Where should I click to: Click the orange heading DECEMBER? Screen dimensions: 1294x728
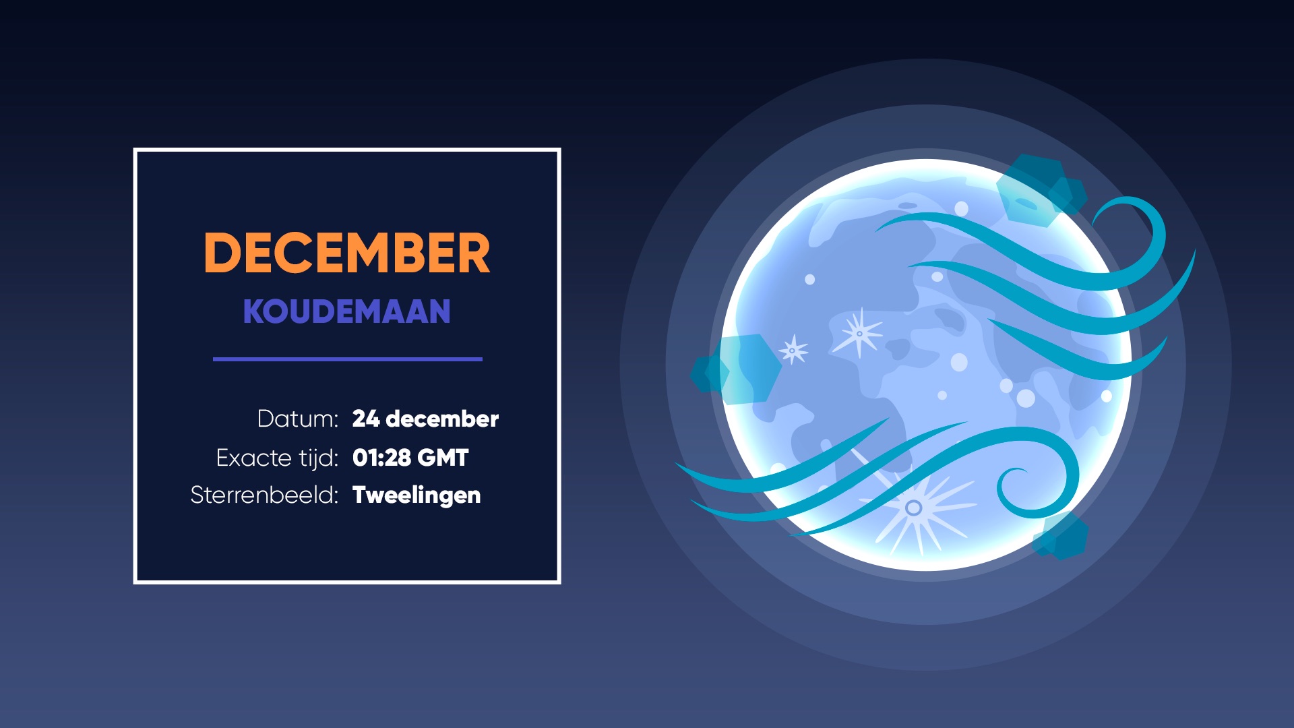[x=347, y=253]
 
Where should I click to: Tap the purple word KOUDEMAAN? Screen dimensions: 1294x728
[x=346, y=311]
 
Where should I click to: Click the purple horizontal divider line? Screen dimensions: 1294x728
[x=348, y=359]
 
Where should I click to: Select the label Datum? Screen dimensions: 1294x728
[x=297, y=419]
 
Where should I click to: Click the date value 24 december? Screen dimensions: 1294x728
[x=425, y=419]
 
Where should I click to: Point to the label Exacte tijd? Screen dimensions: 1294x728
[x=277, y=458]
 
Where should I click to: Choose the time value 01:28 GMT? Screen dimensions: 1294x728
[x=410, y=458]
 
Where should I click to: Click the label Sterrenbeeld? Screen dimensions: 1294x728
[x=264, y=495]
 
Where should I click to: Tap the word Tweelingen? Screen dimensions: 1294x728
[x=417, y=495]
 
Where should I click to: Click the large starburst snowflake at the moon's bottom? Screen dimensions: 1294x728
[x=914, y=508]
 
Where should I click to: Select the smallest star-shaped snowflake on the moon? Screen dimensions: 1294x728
[x=793, y=350]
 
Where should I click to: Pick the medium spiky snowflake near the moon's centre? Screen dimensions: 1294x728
[x=859, y=333]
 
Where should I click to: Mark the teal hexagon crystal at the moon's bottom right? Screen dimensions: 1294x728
[x=1061, y=537]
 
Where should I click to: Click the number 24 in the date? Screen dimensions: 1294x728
[x=366, y=419]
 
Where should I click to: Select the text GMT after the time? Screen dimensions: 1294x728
[x=443, y=458]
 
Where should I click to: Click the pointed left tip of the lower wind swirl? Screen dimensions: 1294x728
[x=677, y=464]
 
